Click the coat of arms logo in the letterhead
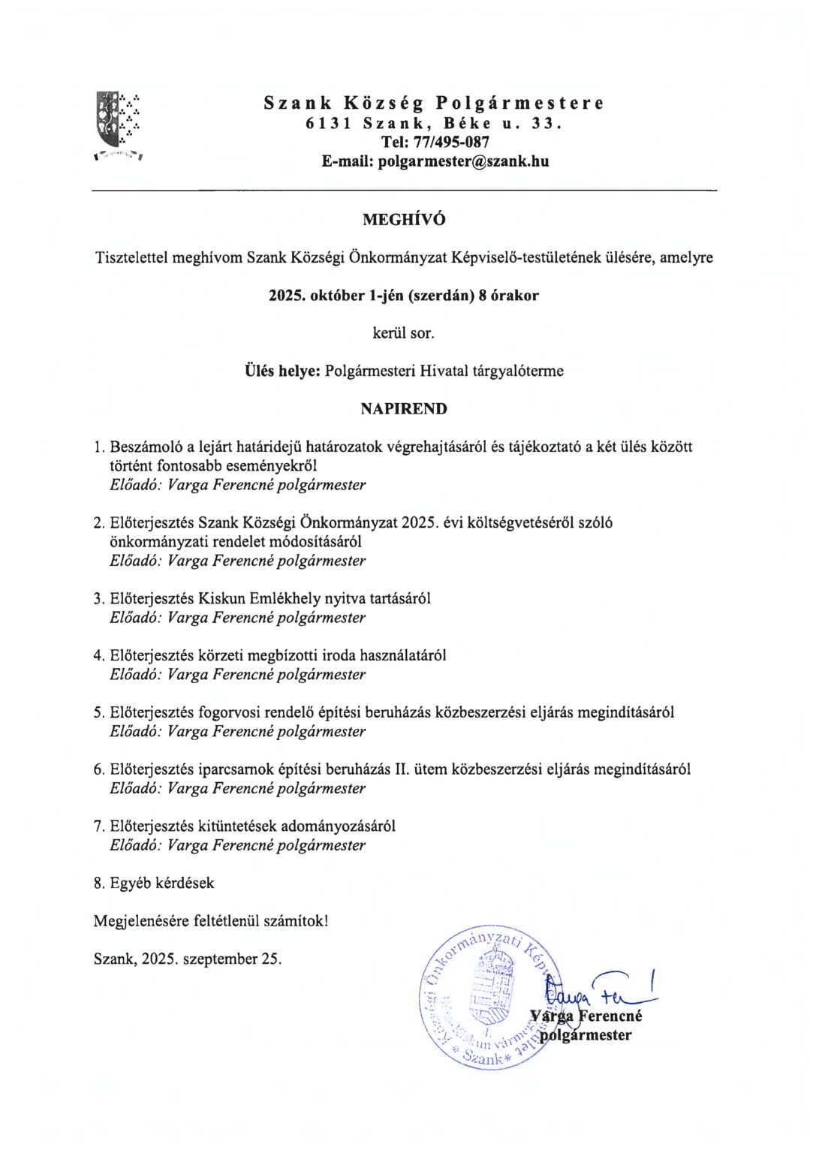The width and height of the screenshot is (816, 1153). click(x=119, y=122)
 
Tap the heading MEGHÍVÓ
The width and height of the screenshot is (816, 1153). click(x=404, y=220)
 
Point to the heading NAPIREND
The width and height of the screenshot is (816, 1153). click(x=404, y=409)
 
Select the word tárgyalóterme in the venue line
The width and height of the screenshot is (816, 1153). click(x=518, y=371)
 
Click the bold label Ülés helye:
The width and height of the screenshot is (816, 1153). click(x=283, y=371)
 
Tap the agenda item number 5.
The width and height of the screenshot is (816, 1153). click(x=98, y=712)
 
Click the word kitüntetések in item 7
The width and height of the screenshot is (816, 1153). click(x=236, y=826)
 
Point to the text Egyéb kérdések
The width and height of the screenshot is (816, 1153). click(x=161, y=884)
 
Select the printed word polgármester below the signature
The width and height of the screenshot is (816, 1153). click(x=586, y=1036)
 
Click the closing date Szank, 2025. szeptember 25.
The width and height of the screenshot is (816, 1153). click(x=188, y=959)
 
